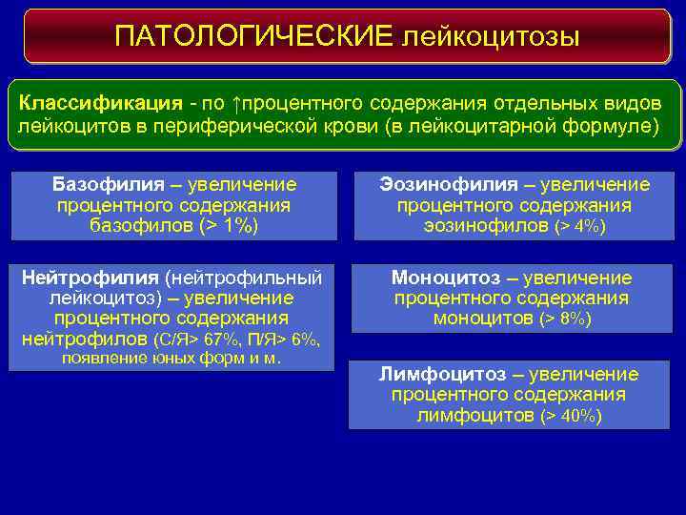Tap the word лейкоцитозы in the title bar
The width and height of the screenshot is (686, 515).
(x=491, y=36)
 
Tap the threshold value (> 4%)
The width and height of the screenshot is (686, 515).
(x=579, y=227)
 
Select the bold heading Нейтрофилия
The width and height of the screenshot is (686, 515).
(x=90, y=278)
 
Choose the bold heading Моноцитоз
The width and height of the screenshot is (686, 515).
(x=445, y=278)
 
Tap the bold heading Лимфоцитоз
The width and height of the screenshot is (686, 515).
(x=439, y=374)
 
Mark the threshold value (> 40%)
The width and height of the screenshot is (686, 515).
(x=570, y=417)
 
